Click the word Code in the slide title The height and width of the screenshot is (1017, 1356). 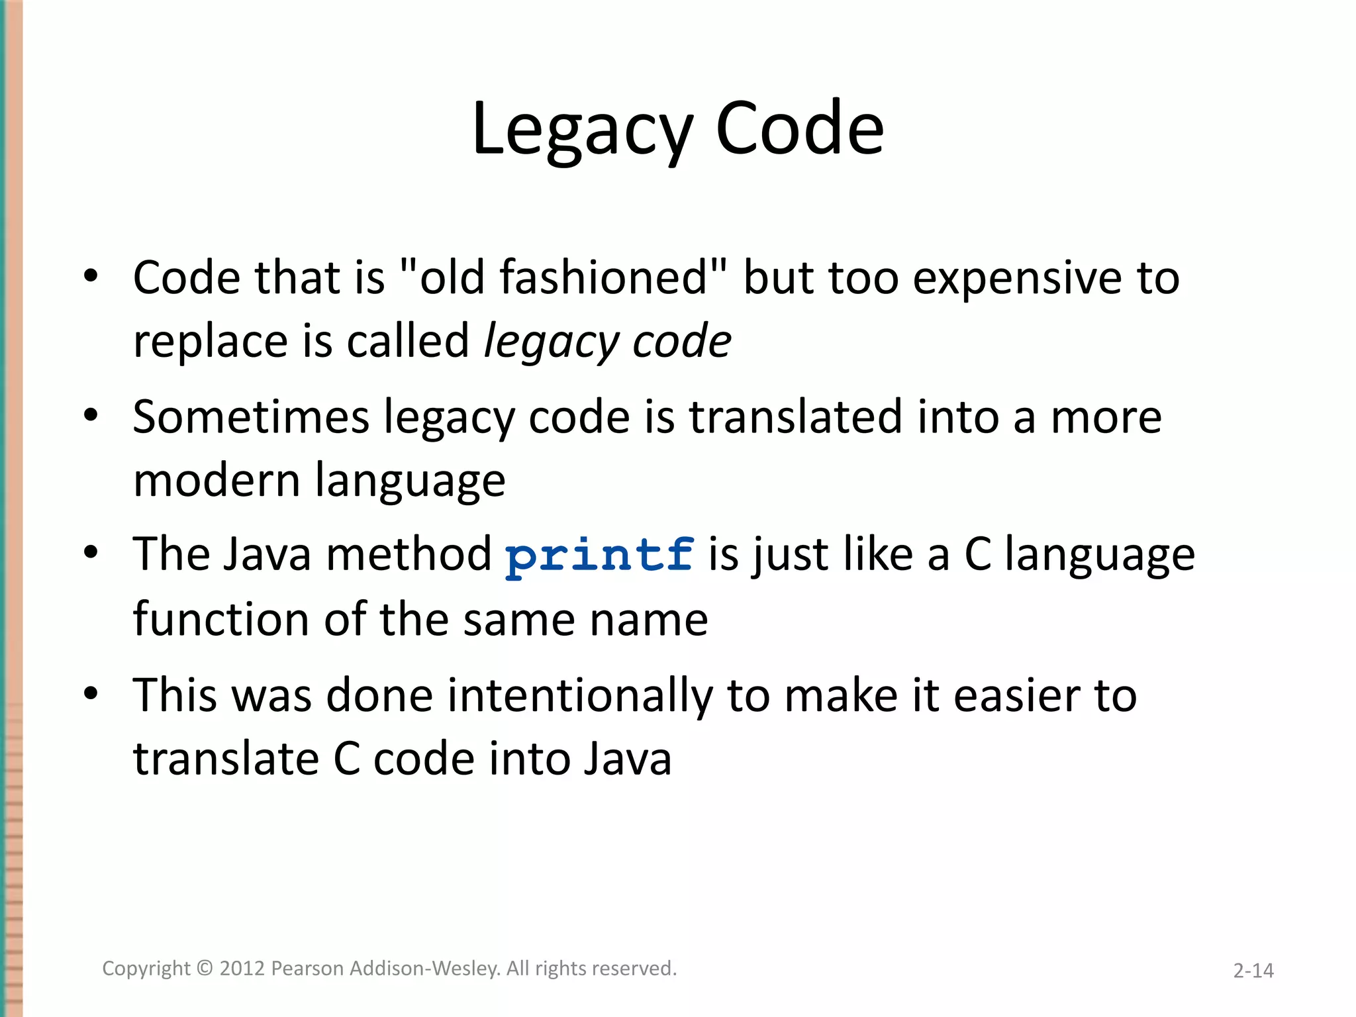pos(800,129)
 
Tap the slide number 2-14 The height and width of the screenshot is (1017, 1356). pos(1253,971)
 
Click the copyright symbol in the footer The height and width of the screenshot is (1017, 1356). pos(205,969)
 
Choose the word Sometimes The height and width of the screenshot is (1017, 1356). pos(251,417)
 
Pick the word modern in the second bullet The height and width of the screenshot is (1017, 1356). pos(217,480)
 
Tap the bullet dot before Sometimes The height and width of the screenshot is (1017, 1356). pos(91,416)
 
